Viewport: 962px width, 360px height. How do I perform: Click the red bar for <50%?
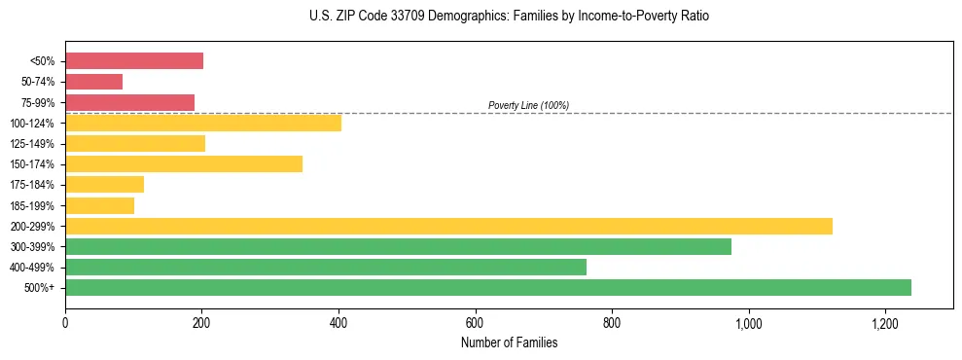[134, 61]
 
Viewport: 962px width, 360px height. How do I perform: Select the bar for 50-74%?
[93, 82]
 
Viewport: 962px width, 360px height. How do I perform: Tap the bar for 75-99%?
[129, 102]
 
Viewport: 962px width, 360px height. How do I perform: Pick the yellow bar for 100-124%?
[203, 123]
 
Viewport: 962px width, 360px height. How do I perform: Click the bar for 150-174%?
[184, 163]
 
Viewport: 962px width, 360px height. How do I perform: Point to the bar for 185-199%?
[99, 205]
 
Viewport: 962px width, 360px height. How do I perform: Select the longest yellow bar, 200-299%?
[448, 226]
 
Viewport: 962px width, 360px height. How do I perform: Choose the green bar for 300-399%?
[398, 246]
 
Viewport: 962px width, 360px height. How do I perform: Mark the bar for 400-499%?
[326, 267]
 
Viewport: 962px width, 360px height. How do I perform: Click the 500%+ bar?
[488, 287]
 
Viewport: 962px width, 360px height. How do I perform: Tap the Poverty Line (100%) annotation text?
[528, 105]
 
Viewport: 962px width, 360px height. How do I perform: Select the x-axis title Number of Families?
[509, 342]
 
